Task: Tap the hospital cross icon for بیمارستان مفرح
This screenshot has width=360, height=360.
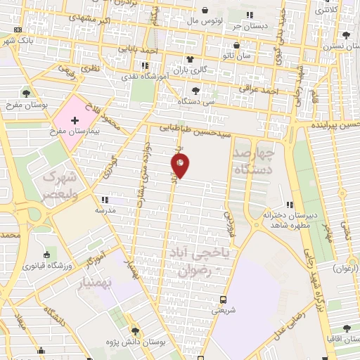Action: click(75, 121)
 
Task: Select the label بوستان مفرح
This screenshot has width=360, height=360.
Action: click(26, 105)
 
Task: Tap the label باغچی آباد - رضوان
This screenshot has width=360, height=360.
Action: click(201, 260)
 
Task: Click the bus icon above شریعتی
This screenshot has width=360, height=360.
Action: click(223, 299)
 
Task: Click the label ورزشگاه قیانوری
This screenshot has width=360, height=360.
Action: click(46, 266)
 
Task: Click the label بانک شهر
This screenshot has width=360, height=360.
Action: click(17, 41)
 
